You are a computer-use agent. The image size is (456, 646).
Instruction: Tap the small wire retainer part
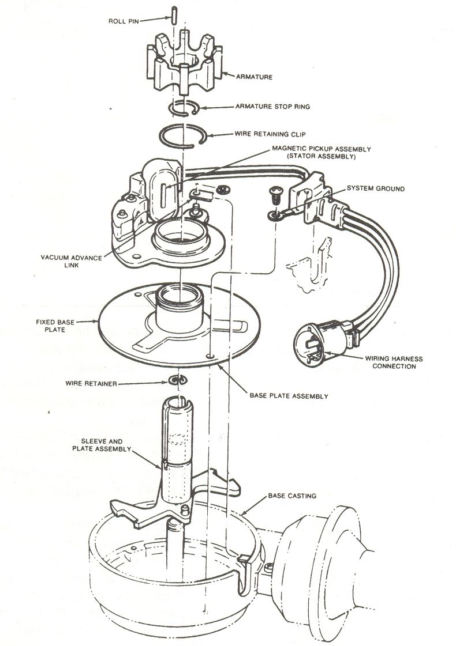pos(178,380)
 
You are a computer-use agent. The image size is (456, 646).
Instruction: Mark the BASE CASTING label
pos(291,496)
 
